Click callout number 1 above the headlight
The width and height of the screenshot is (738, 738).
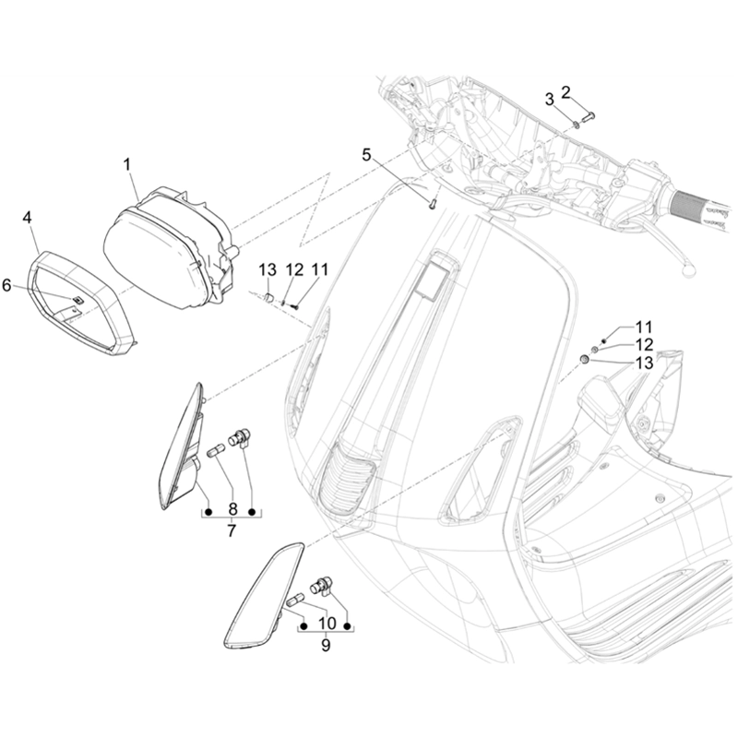point(128,164)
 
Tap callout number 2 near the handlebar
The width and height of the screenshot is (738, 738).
point(566,91)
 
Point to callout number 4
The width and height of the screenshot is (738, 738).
point(28,217)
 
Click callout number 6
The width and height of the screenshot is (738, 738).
point(6,286)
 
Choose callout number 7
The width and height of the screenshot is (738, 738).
point(232,530)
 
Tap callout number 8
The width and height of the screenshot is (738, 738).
point(232,507)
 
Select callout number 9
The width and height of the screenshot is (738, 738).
point(325,646)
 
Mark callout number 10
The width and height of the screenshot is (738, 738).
point(325,623)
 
